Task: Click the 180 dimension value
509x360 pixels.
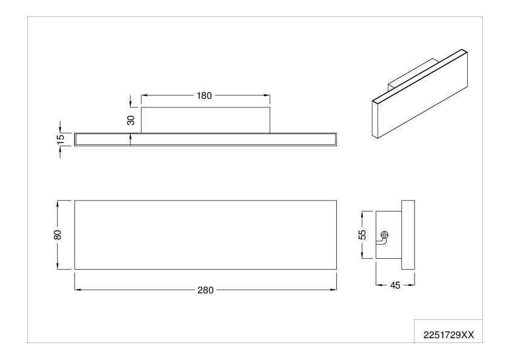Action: pyautogui.click(x=204, y=95)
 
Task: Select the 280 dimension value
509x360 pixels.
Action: pyautogui.click(x=205, y=290)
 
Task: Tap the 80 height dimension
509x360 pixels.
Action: pyautogui.click(x=58, y=235)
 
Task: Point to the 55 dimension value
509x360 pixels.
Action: pyautogui.click(x=362, y=235)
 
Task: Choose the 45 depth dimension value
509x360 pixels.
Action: pyautogui.click(x=395, y=285)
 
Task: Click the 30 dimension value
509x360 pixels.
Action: pyautogui.click(x=131, y=120)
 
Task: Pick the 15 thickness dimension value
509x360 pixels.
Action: pyautogui.click(x=61, y=139)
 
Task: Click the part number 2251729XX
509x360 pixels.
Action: pyautogui.click(x=448, y=335)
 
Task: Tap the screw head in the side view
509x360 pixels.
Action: pyautogui.click(x=384, y=235)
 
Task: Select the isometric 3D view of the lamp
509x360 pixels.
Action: pyautogui.click(x=420, y=94)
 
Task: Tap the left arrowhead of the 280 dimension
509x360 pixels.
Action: pyautogui.click(x=78, y=290)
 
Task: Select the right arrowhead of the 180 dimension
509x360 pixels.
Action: pyautogui.click(x=267, y=95)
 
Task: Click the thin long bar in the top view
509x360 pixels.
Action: pyautogui.click(x=205, y=139)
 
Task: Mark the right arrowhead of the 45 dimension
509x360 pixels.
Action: pyautogui.click(x=411, y=285)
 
